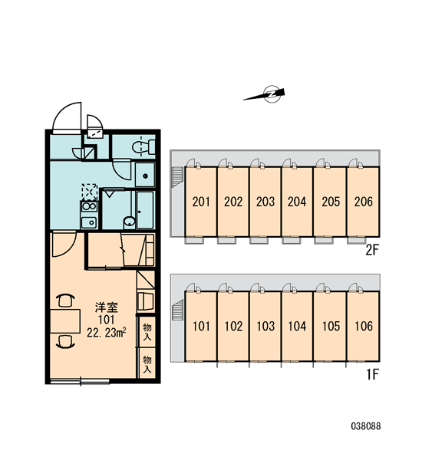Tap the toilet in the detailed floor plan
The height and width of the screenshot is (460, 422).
[x=143, y=147]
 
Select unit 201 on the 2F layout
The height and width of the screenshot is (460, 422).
[x=201, y=202]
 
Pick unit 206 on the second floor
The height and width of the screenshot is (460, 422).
[x=363, y=202]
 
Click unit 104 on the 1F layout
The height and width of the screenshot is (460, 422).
[x=297, y=326]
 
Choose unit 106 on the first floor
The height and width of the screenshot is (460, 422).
[x=363, y=326]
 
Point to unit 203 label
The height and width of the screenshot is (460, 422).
[x=265, y=202]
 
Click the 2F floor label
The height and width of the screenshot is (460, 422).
[x=372, y=250]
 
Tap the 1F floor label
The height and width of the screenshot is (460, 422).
[x=373, y=374]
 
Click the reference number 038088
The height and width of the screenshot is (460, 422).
[x=366, y=426]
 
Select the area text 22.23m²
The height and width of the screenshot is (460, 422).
[x=107, y=333]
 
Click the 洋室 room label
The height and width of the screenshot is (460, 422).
[x=107, y=307]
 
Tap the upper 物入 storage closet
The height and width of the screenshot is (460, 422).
[x=147, y=331]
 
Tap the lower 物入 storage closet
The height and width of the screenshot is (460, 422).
[x=147, y=363]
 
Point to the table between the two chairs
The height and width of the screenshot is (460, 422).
[x=65, y=321]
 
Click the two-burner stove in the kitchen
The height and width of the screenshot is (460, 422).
[x=89, y=206]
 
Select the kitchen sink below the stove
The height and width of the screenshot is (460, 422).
[x=89, y=222]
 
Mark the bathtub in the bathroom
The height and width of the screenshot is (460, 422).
[x=145, y=210]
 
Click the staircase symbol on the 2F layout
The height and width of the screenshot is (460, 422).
[x=177, y=176]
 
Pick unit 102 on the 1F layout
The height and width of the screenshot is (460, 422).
[x=233, y=326]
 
